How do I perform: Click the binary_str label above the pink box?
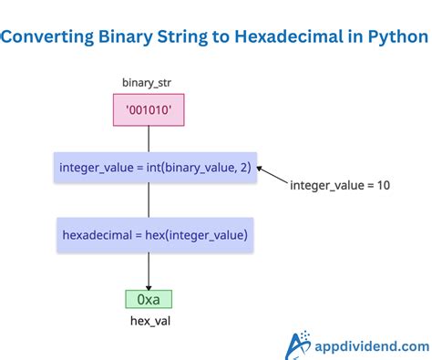pos(148,84)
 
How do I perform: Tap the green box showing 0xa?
pos(148,298)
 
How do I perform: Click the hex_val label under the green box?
pos(148,321)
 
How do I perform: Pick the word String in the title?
pos(191,37)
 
